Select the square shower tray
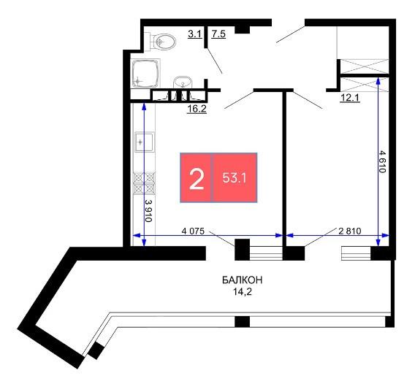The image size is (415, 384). pos(146,73)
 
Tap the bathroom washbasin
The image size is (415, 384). pos(183,82)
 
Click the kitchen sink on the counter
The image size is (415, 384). pos(144,142)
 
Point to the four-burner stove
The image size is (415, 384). pos(144,183)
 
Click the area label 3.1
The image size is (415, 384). pos(195,34)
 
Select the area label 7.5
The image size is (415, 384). pos(218,34)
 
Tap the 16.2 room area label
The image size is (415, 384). pos(197,109)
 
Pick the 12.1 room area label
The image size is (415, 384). pos(350,98)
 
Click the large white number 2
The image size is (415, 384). pos(197,180)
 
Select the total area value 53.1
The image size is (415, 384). pos(235,178)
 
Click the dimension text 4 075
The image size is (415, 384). pos(193,231)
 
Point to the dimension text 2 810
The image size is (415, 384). pos(350,231)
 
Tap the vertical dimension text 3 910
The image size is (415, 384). pos(149,211)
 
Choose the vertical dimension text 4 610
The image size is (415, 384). pos(383,161)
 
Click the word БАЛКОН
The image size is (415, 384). pos(242,280)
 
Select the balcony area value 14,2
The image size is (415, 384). pos(242,292)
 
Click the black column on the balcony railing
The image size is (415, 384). pos(242,322)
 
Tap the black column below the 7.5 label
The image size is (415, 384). pos(243,30)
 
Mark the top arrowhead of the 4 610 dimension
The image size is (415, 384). pos(378,80)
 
